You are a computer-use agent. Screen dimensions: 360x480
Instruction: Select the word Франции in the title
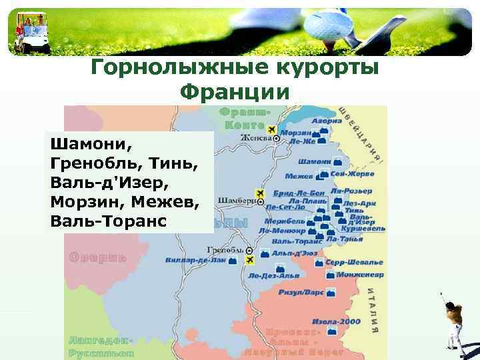click(235, 92)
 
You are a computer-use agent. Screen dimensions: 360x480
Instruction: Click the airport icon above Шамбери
click(261, 193)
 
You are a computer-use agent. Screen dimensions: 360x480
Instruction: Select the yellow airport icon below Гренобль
click(250, 259)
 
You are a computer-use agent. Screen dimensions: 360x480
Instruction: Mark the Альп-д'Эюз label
click(294, 253)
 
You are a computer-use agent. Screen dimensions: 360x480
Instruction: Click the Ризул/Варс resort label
click(302, 293)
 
